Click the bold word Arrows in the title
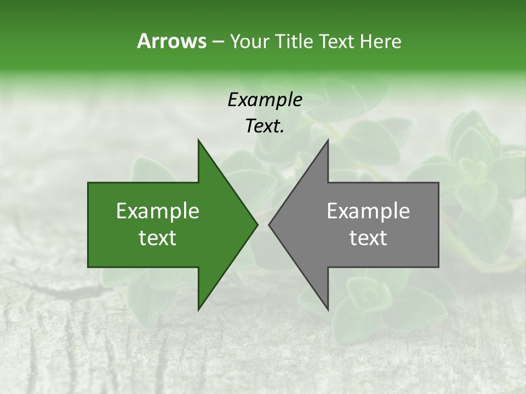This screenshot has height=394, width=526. point(171,41)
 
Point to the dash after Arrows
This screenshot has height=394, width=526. point(218,42)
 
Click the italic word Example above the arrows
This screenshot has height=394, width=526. point(265,100)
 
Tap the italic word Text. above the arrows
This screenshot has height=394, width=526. point(265,126)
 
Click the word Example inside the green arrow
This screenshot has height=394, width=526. point(158,211)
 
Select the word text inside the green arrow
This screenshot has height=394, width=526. point(158,238)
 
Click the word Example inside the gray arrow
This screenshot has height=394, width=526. point(368,211)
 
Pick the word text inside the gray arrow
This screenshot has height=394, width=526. point(368,238)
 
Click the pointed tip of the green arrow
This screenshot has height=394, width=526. point(257,224)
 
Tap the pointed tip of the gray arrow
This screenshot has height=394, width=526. point(269,224)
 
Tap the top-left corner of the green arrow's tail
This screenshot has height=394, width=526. point(89,183)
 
